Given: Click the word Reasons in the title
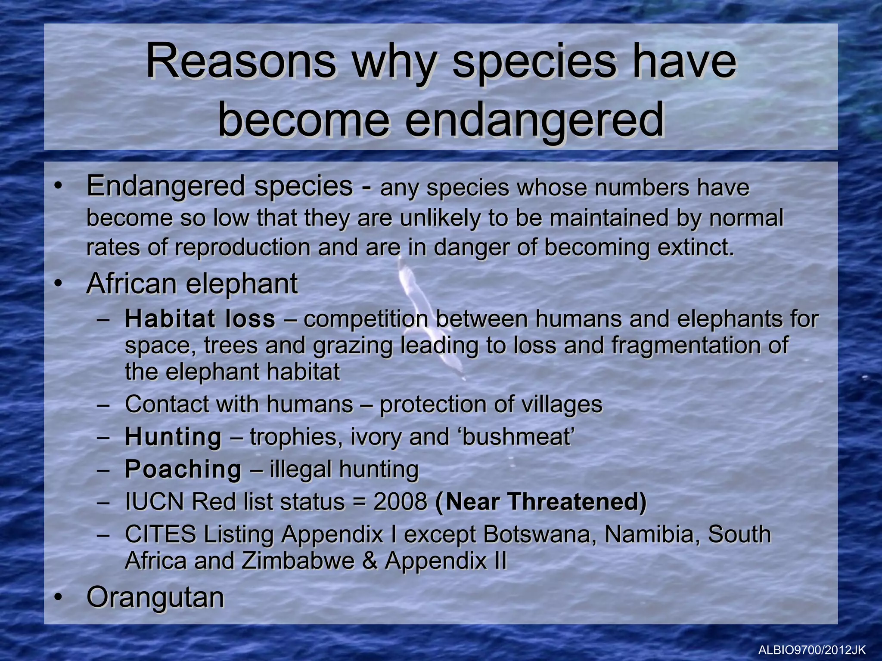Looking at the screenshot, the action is [x=240, y=62].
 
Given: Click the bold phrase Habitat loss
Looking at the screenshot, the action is [x=200, y=319].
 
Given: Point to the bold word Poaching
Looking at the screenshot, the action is [x=183, y=469].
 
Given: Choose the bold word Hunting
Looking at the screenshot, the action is [x=173, y=437].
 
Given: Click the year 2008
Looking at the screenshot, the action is [x=400, y=502].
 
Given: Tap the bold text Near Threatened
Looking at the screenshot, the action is [x=541, y=502].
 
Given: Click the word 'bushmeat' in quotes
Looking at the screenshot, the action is [x=517, y=437].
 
